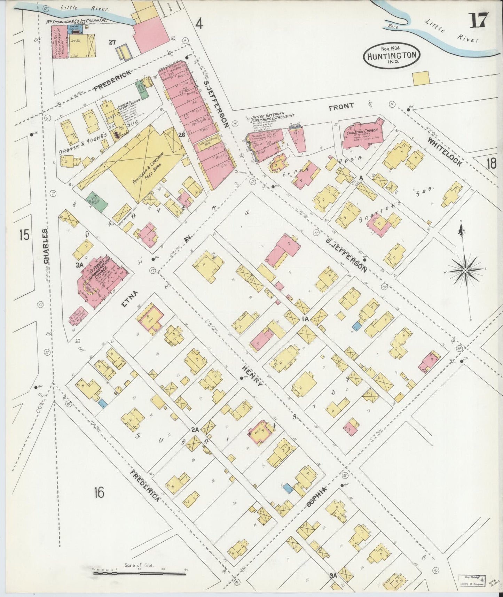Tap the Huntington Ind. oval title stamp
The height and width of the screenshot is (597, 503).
(x=391, y=56)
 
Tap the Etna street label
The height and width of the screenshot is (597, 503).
(x=130, y=300)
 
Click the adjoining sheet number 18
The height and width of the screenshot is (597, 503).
(x=491, y=163)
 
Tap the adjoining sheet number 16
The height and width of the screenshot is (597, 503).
(x=99, y=492)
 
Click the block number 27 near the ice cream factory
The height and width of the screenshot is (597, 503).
(x=112, y=42)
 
